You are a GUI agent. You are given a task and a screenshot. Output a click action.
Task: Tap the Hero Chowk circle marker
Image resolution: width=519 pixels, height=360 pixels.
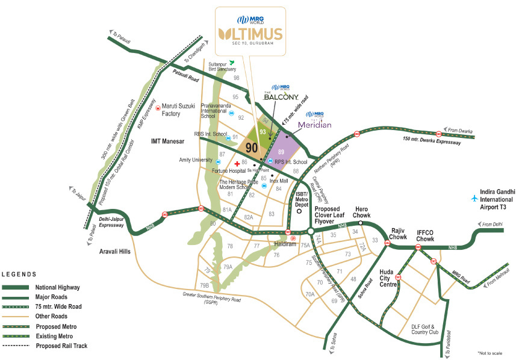(360, 223)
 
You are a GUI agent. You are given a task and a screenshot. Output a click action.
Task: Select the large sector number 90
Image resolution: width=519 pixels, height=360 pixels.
(252, 146)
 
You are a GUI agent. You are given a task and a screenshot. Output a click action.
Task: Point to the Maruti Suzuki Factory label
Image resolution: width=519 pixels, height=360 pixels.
(179, 110)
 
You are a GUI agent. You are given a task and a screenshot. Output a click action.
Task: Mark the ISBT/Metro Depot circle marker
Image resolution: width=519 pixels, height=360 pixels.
(299, 212)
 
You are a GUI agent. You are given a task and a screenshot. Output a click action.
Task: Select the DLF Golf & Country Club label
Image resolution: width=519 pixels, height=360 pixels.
(429, 330)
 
